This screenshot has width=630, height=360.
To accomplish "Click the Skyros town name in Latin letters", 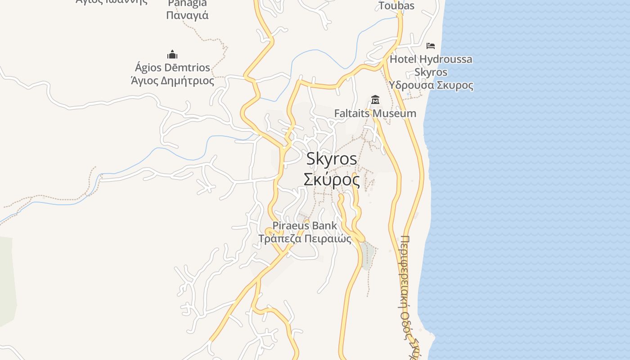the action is [x=332, y=159].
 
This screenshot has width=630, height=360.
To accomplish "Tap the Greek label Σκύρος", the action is [x=332, y=180].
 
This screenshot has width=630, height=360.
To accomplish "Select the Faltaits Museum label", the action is [x=375, y=113].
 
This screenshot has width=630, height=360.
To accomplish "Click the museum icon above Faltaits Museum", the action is [x=375, y=99].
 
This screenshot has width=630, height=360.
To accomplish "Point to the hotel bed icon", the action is [x=431, y=45].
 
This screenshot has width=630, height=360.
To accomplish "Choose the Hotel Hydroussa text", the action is [x=431, y=59].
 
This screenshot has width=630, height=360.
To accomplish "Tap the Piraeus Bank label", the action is [x=305, y=225].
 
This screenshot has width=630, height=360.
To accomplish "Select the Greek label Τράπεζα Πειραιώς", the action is [x=305, y=238].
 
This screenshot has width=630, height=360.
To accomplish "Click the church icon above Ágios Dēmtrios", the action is [x=172, y=55].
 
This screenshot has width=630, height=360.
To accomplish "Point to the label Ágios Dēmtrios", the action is [x=172, y=68].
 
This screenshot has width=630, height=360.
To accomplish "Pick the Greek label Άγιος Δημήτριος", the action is [x=172, y=81].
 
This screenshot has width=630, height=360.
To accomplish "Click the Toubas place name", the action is [x=396, y=6].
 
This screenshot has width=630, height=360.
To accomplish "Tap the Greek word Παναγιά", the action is [x=187, y=15].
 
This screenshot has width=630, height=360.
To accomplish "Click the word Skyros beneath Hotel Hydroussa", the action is [x=431, y=72].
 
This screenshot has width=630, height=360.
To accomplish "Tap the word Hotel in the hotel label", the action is [x=403, y=59].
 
